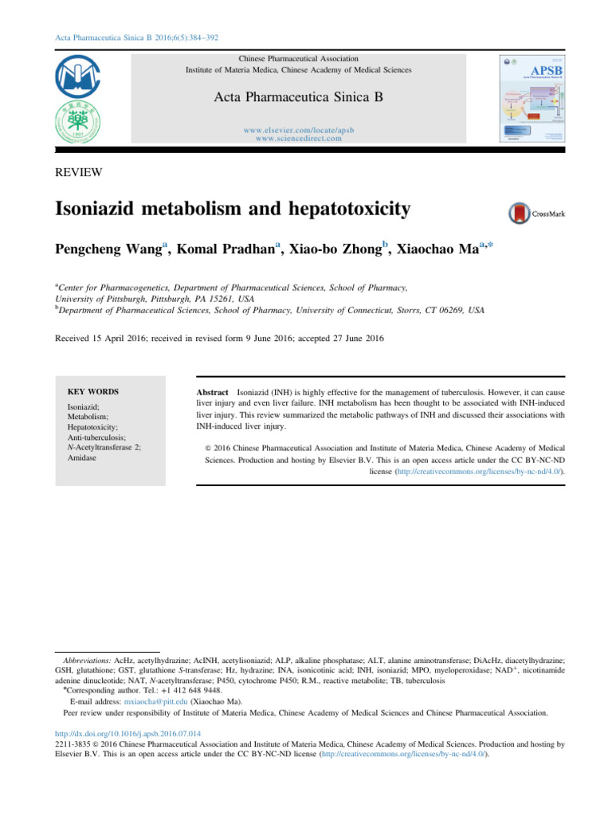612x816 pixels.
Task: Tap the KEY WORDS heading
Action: pos(93,392)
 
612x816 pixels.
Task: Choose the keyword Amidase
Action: pos(82,459)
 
